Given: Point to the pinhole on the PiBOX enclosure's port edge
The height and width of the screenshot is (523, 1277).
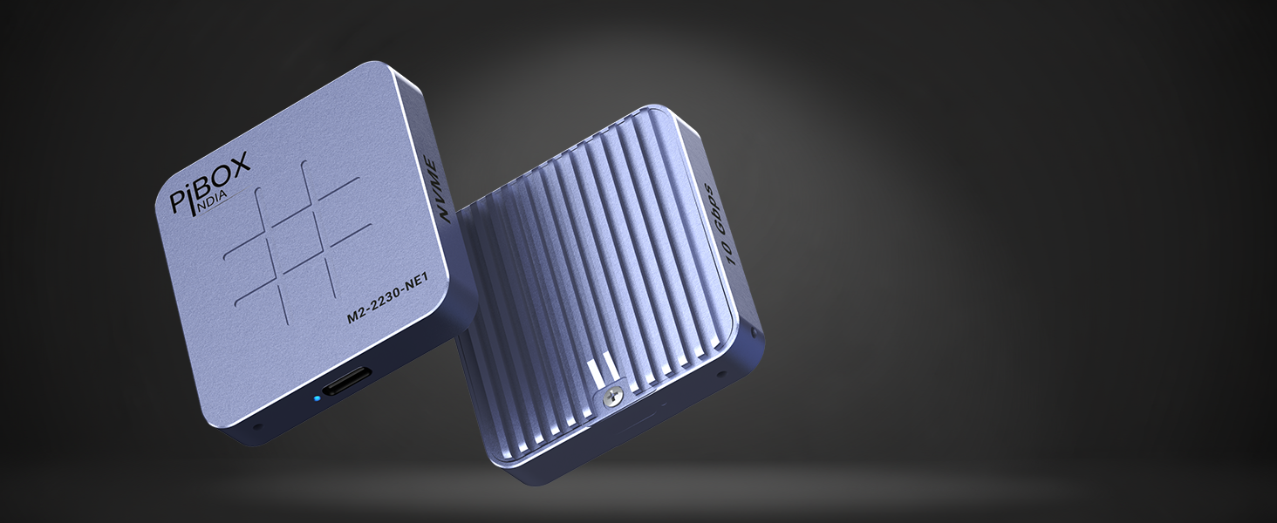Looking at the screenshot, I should [256, 428].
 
